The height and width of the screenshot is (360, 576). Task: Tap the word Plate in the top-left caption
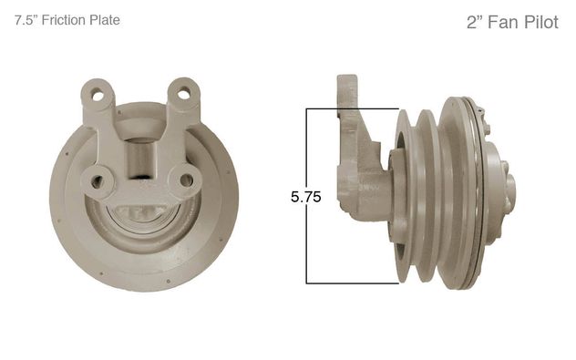[x=105, y=20]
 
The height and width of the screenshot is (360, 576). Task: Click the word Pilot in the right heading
[x=541, y=23]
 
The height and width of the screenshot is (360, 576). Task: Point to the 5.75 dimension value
[x=305, y=197]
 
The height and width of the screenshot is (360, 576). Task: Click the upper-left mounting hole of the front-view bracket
[x=98, y=96]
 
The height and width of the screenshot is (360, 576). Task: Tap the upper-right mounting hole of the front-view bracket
[x=184, y=94]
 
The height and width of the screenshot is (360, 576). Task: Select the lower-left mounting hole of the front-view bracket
[x=97, y=181]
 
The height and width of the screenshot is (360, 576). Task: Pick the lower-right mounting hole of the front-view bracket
[x=187, y=180]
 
